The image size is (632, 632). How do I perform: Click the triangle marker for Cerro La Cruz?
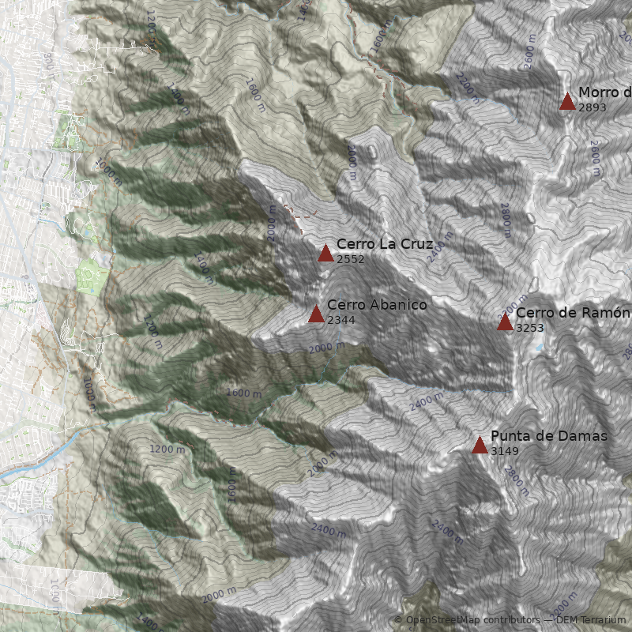(325, 253)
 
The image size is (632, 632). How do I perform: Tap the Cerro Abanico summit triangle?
(316, 314)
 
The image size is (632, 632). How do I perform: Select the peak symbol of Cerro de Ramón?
(505, 322)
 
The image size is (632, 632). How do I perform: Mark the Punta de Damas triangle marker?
(480, 445)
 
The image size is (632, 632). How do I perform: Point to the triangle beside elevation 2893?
(567, 101)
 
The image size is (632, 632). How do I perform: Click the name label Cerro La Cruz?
(385, 244)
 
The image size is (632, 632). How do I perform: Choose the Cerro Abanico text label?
(377, 305)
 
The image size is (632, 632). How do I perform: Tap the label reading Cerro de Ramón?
(573, 313)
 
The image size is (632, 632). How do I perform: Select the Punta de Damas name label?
(549, 436)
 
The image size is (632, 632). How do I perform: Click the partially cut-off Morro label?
(604, 92)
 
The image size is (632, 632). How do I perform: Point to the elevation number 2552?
(351, 259)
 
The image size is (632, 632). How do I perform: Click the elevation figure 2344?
(341, 320)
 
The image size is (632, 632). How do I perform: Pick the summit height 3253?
(530, 328)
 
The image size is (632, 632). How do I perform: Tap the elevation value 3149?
(505, 451)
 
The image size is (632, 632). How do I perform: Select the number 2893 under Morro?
(592, 107)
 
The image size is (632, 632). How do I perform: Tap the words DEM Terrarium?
(591, 621)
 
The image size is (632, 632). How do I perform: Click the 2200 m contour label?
(467, 88)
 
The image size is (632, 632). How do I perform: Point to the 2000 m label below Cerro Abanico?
(326, 348)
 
